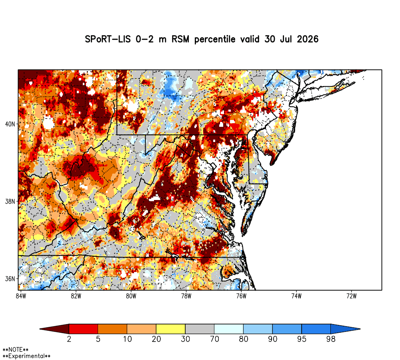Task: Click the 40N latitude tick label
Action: coord(10,124)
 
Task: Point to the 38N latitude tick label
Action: coord(10,202)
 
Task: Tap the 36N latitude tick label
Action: coord(10,279)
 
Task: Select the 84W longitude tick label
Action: coord(21,296)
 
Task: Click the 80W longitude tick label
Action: coord(131,296)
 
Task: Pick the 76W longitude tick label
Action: coord(241,296)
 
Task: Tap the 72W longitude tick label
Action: coord(352,296)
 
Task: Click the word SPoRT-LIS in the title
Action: coord(108,39)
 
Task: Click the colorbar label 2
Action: coord(69,339)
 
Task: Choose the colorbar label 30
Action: coord(186,339)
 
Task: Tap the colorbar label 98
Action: coord(331,339)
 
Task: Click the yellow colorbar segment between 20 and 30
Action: coord(171,329)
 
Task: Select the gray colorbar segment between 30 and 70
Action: coord(200,329)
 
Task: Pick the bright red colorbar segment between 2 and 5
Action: coord(84,329)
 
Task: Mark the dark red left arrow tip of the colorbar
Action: coord(40,329)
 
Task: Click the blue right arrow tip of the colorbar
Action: coord(360,329)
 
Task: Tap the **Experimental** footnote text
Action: coord(26,356)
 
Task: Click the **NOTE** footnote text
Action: coord(16,350)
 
